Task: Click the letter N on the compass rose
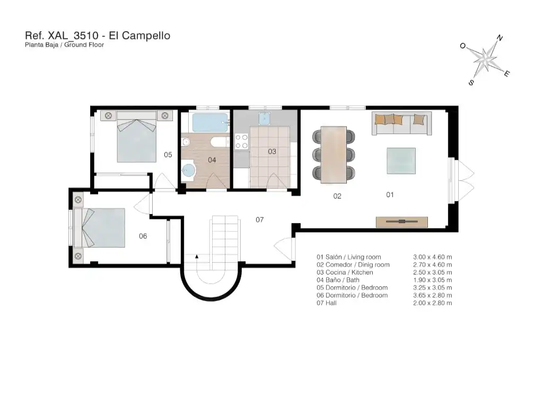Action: (500, 38)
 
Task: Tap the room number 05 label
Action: (168, 155)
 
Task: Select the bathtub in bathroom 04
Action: (211, 122)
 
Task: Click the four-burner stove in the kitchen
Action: (242, 141)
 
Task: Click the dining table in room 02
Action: (334, 154)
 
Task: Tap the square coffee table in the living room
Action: (401, 161)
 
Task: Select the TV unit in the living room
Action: (402, 222)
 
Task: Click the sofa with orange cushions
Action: (402, 123)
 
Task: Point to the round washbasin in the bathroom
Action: (189, 171)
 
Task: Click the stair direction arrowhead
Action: (197, 256)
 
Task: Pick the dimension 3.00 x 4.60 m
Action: (433, 257)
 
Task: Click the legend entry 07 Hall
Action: (327, 303)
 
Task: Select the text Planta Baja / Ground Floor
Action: (64, 45)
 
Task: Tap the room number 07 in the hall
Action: (260, 220)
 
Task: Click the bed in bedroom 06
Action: (99, 227)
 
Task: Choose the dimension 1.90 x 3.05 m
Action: (433, 280)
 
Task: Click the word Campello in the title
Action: (146, 36)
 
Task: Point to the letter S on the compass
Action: (471, 83)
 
